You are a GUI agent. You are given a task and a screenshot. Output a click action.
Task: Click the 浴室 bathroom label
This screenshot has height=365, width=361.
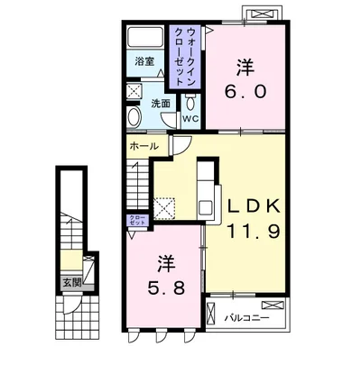pos(144,61)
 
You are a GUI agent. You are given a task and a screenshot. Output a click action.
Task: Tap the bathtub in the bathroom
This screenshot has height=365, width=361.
pos(145,37)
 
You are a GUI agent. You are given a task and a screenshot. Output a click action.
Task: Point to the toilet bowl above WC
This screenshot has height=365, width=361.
pos(190,102)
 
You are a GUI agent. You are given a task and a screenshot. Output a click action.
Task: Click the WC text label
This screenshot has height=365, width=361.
pos(190,119)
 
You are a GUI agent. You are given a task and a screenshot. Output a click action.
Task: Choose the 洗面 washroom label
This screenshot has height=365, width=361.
pos(161,104)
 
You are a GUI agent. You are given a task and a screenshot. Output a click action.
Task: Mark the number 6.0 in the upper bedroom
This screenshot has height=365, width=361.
pos(245,91)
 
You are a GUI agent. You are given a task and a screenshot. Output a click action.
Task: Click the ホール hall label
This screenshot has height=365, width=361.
pos(144,146)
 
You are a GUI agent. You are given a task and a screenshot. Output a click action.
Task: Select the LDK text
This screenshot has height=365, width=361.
pos(254,207)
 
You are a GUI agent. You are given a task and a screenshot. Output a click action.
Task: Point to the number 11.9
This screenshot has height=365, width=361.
pos(254,231)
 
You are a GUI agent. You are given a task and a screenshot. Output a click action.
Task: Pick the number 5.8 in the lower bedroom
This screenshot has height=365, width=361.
pos(166,288)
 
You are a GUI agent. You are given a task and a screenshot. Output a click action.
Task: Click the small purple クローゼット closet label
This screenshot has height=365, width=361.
pos(137,220)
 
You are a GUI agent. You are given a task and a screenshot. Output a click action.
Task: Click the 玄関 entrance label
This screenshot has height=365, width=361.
pos(72,282)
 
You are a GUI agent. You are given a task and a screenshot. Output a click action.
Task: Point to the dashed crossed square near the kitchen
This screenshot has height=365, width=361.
pos(164,208)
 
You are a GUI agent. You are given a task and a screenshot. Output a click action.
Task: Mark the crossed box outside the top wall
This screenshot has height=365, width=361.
pos(262,14)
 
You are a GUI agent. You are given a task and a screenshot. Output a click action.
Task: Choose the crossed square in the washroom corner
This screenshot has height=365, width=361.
pos(134,91)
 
